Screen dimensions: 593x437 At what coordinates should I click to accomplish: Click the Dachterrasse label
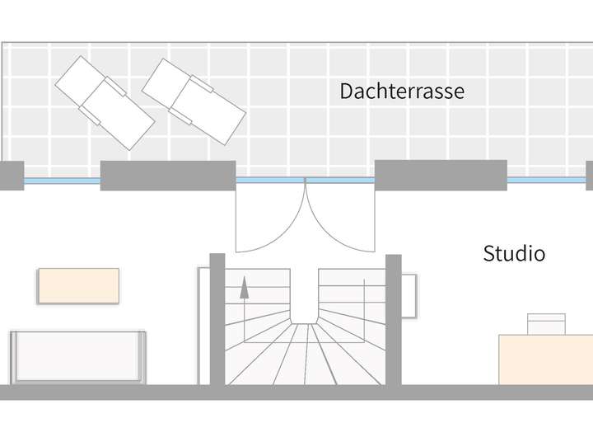coord(402,92)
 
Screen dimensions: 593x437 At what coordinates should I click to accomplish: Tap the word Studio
coord(514,253)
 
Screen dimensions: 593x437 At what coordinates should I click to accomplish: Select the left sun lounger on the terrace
coord(105,103)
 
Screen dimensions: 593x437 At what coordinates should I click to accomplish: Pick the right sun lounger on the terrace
coord(194,102)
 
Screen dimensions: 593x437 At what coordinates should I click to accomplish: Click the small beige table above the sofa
coord(79,286)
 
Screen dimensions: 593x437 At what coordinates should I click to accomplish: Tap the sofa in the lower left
coord(78,358)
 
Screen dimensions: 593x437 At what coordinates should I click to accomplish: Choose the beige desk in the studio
coord(546,359)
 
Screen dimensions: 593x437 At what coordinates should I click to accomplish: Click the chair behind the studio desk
coord(547,324)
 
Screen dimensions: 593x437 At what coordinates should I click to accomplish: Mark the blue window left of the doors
coord(62,181)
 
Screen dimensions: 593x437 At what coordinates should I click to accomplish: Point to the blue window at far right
coord(547,181)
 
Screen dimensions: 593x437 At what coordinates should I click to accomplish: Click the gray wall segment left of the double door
coord(168,176)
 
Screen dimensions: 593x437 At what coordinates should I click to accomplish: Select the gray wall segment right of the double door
coord(441,175)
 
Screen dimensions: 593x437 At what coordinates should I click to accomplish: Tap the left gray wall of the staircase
coord(217,319)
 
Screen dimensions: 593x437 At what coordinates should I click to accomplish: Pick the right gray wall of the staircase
coord(394,320)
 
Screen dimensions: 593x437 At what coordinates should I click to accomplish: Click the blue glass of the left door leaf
coord(270,181)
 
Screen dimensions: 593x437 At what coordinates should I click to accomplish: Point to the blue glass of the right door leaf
coord(340,181)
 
